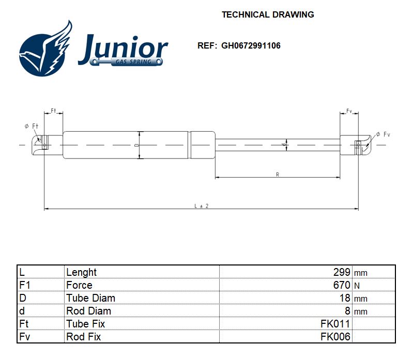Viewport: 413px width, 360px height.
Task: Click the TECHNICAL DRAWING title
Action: [268, 14]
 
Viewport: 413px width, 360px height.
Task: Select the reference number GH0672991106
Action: [251, 45]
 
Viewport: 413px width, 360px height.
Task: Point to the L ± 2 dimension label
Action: [201, 206]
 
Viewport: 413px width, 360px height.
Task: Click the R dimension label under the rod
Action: [278, 175]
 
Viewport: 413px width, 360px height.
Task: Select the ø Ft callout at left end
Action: [32, 126]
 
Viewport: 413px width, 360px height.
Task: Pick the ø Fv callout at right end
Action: [383, 134]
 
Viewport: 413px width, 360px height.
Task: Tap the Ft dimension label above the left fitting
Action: [53, 112]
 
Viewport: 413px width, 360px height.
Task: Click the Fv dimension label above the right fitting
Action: [349, 112]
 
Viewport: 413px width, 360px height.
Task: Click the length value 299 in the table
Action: [342, 272]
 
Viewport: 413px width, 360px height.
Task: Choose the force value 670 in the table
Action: [342, 285]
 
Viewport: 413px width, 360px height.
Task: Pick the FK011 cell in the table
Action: [335, 324]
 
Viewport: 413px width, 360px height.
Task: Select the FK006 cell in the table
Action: [335, 337]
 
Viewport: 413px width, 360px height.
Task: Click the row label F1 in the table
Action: [25, 285]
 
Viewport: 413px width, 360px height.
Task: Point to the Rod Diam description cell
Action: [88, 311]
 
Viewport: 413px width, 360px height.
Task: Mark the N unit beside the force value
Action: [356, 286]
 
